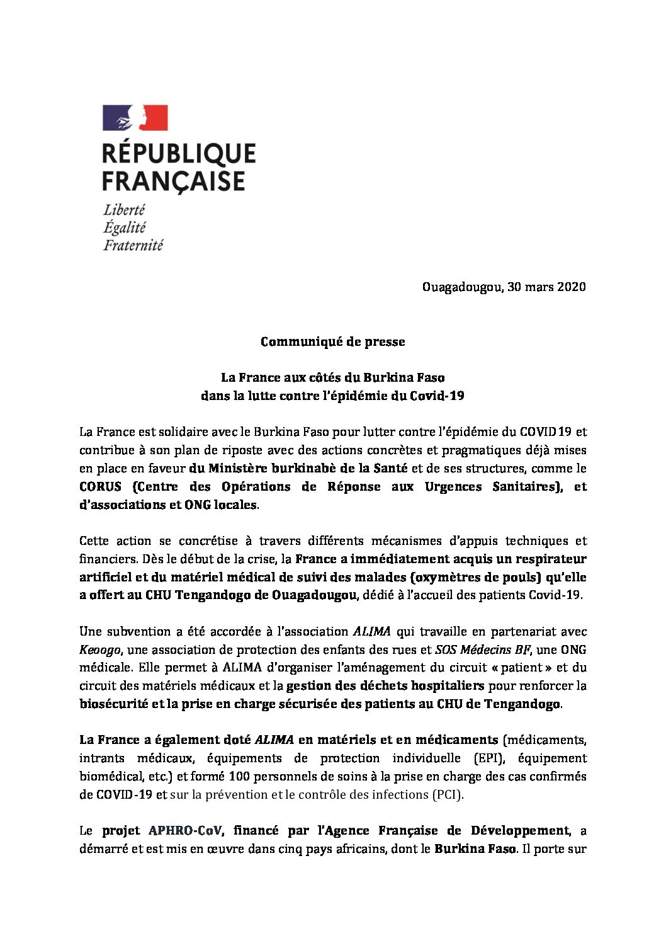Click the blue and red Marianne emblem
tap(135, 118)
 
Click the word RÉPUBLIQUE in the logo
tap(179, 154)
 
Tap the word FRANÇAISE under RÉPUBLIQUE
tap(173, 181)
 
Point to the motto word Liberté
tap(124, 210)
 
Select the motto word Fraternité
tap(133, 245)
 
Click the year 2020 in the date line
tap(571, 287)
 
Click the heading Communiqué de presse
tap(332, 342)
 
